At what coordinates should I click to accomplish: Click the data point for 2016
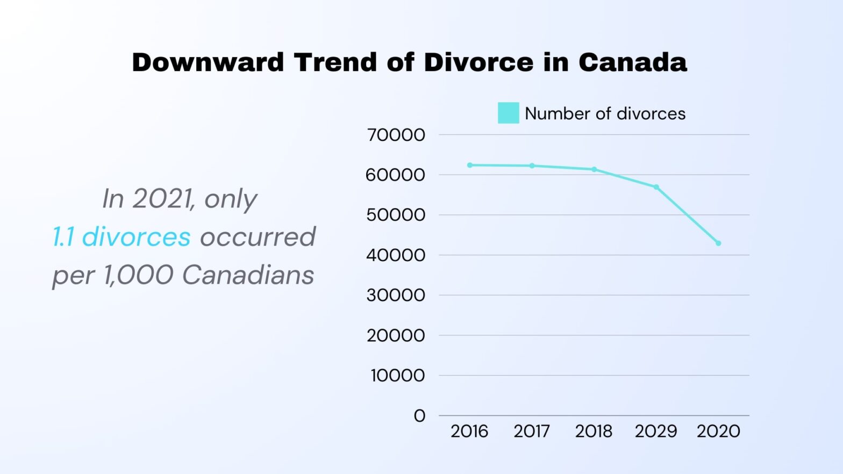[x=470, y=165]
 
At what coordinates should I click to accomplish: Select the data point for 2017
[x=532, y=166]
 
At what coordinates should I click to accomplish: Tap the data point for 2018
[x=594, y=169]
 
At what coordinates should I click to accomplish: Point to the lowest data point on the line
[x=718, y=243]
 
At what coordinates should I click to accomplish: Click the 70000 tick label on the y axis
[x=396, y=135]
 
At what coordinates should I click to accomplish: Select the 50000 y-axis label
[x=396, y=215]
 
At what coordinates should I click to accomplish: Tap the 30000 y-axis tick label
[x=396, y=295]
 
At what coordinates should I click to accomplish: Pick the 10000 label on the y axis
[x=397, y=375]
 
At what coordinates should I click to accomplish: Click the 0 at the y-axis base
[x=419, y=415]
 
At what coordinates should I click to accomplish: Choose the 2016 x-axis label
[x=469, y=431]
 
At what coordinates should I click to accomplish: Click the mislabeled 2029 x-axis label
[x=656, y=431]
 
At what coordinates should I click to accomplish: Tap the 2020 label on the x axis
[x=718, y=431]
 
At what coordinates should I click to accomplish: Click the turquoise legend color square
[x=508, y=113]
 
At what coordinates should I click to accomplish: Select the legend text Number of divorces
[x=605, y=113]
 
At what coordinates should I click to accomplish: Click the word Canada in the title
[x=633, y=62]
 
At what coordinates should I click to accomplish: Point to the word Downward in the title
[x=208, y=62]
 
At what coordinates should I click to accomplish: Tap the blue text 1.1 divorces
[x=122, y=236]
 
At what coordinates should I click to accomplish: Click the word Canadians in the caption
[x=248, y=275]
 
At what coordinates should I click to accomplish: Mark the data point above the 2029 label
[x=656, y=187]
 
